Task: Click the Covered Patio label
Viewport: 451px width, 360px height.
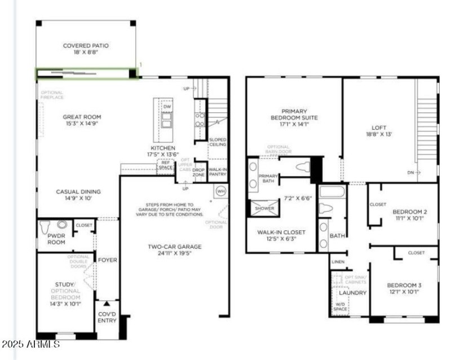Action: [86, 46]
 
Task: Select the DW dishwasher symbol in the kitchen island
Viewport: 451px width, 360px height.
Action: [167, 107]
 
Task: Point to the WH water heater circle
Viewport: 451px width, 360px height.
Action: [220, 191]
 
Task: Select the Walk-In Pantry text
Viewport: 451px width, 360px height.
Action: [218, 172]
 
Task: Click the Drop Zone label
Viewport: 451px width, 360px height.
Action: [198, 172]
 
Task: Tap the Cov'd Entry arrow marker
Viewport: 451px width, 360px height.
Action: [107, 304]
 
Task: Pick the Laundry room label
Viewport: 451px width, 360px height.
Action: [352, 293]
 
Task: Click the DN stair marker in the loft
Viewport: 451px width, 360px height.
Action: [411, 173]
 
